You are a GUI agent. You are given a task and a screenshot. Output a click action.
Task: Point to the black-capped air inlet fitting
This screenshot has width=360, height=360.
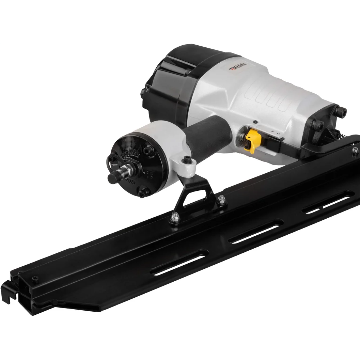point(114,177)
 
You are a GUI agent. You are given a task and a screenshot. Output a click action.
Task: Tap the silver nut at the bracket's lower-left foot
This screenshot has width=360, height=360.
point(175,216)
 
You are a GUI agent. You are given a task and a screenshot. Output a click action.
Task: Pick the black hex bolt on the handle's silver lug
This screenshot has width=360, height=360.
point(187,159)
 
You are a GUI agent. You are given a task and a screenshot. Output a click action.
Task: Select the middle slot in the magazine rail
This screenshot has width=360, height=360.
point(255,232)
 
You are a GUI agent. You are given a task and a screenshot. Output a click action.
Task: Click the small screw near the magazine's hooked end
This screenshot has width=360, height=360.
point(34,278)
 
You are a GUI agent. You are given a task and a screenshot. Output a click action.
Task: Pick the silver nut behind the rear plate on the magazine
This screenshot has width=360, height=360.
point(355,150)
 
